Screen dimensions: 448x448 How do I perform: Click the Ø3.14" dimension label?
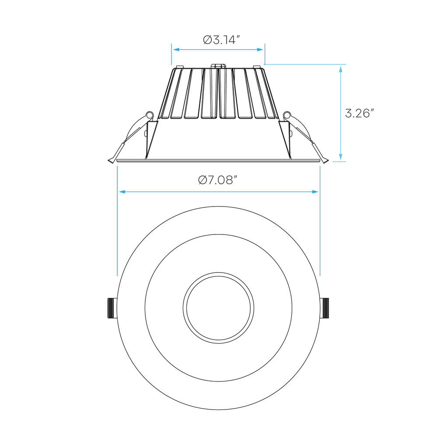coord(222,40)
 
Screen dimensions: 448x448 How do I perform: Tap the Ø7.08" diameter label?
coord(217,180)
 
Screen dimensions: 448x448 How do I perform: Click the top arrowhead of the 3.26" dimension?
coord(341,68)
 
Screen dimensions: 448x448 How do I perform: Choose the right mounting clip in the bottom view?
coord(326,308)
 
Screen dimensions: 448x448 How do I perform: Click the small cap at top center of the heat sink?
coord(218,66)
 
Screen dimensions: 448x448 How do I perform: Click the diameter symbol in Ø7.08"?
coord(202,180)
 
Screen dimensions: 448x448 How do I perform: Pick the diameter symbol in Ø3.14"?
coord(207,40)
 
